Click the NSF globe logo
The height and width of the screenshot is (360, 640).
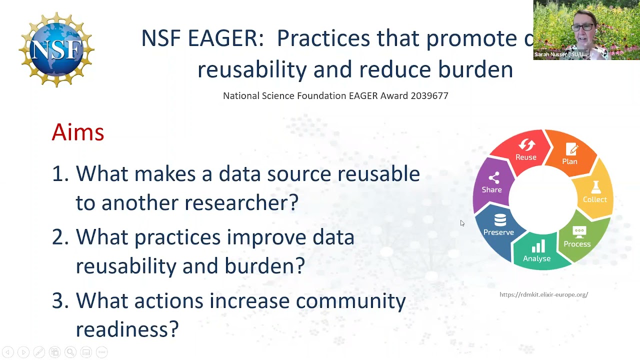click(56, 50)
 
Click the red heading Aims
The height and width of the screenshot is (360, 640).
click(78, 132)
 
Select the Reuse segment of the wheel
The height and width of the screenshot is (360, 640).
click(525, 150)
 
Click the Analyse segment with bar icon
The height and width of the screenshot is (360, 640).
click(536, 252)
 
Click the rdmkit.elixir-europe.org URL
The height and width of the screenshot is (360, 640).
click(543, 294)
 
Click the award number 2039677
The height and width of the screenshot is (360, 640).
click(429, 95)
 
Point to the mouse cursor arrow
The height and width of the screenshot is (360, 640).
click(462, 223)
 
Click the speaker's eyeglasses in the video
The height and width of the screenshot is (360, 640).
click(582, 27)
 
